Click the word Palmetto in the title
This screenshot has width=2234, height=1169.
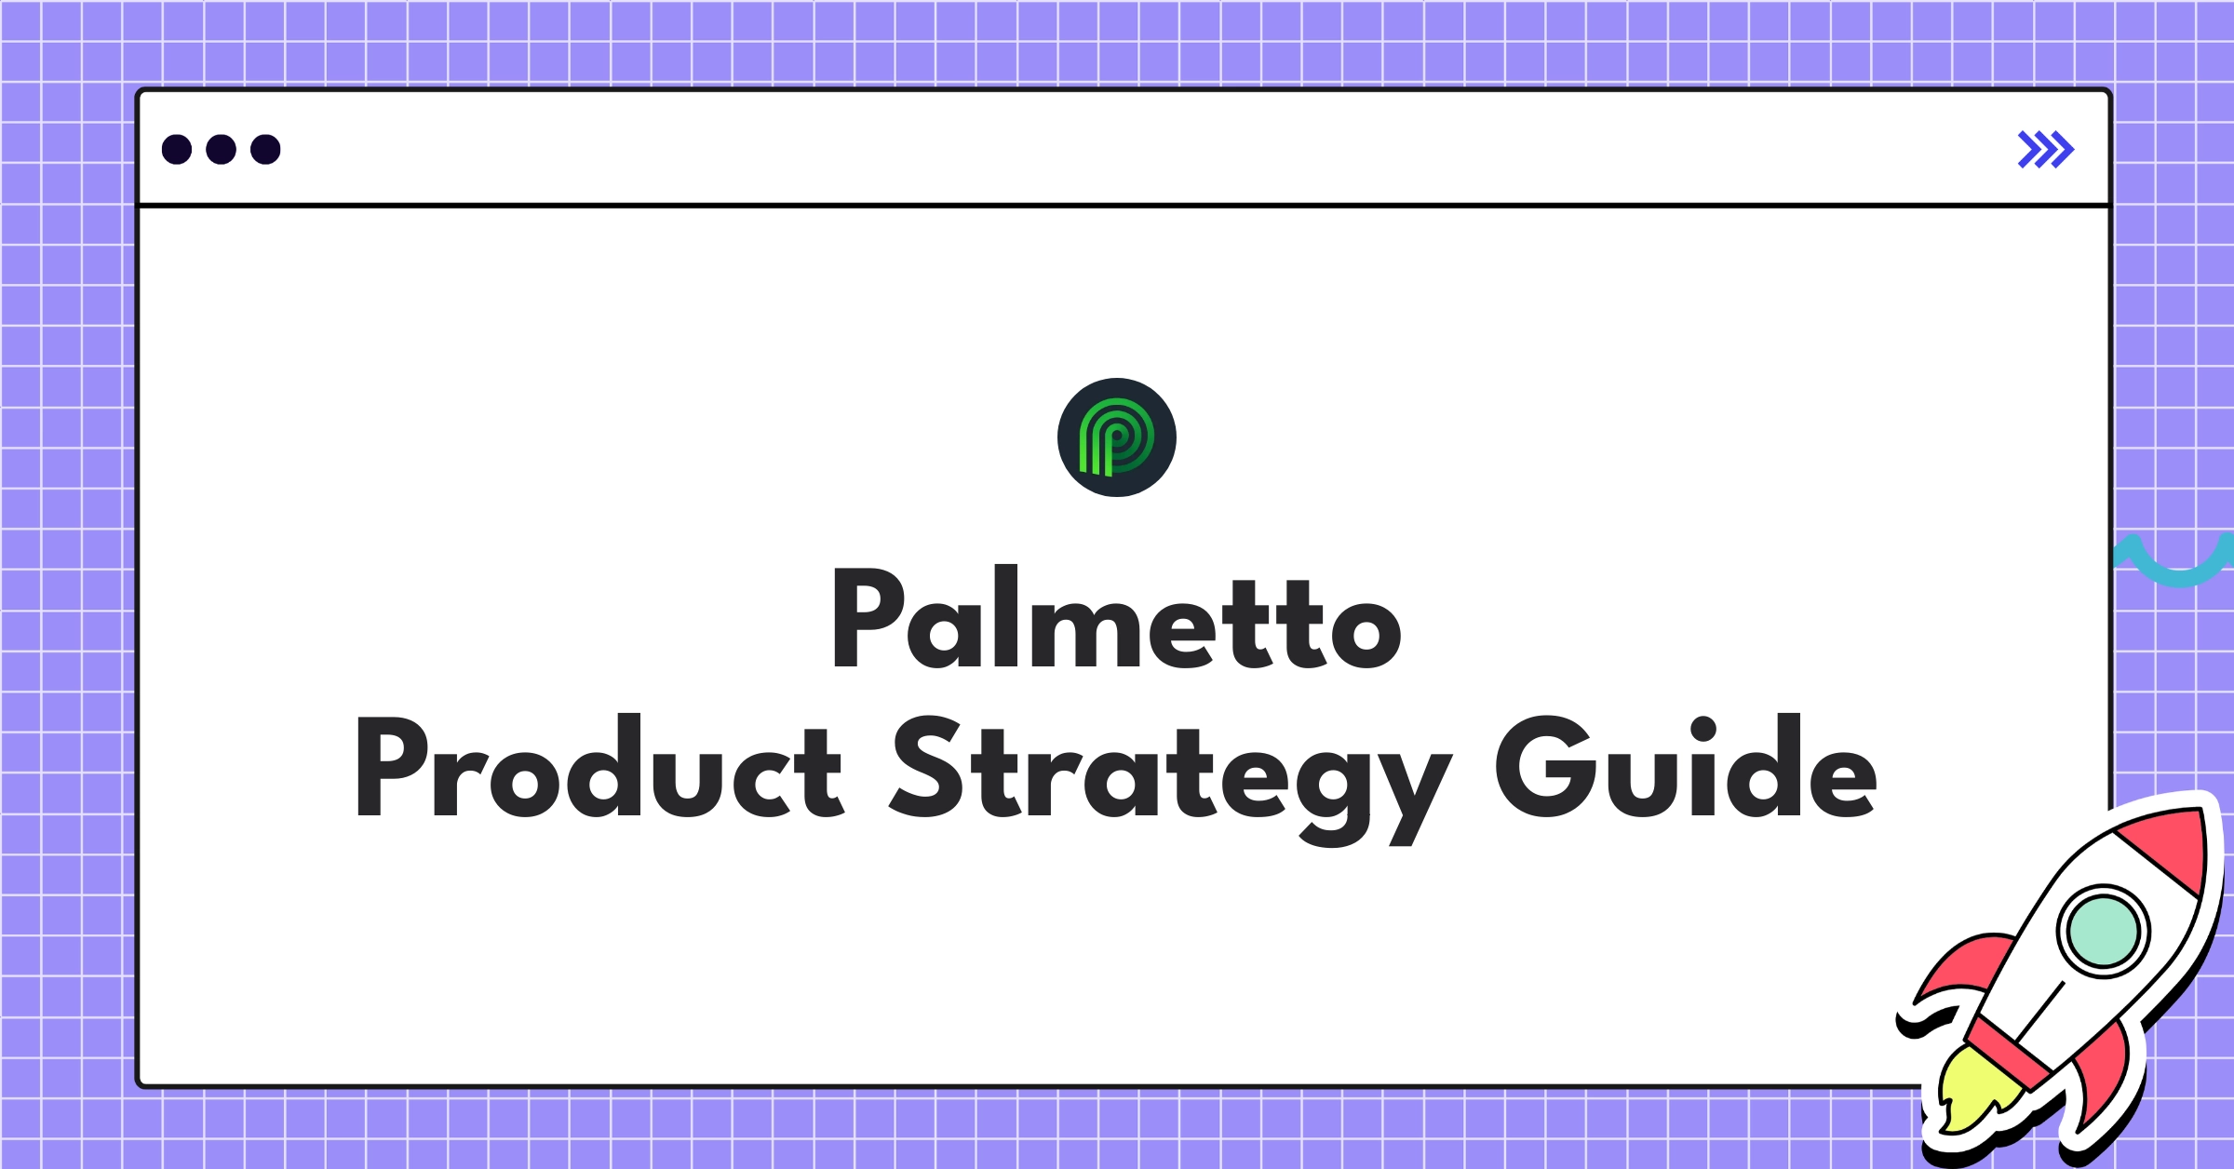[1117, 617]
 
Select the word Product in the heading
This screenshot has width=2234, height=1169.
[599, 766]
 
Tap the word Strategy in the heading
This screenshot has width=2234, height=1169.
[1170, 779]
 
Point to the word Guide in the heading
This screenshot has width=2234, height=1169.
[1686, 766]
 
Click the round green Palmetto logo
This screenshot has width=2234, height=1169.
[1117, 437]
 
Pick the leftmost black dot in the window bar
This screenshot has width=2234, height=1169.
[177, 149]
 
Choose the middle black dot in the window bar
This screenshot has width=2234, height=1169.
[221, 149]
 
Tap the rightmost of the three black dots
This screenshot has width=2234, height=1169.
[265, 149]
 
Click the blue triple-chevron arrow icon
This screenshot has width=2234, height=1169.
[2046, 150]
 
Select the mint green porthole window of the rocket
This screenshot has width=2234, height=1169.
[2103, 931]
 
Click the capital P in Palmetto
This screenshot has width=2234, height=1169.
[868, 618]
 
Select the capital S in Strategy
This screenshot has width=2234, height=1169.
[926, 766]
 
